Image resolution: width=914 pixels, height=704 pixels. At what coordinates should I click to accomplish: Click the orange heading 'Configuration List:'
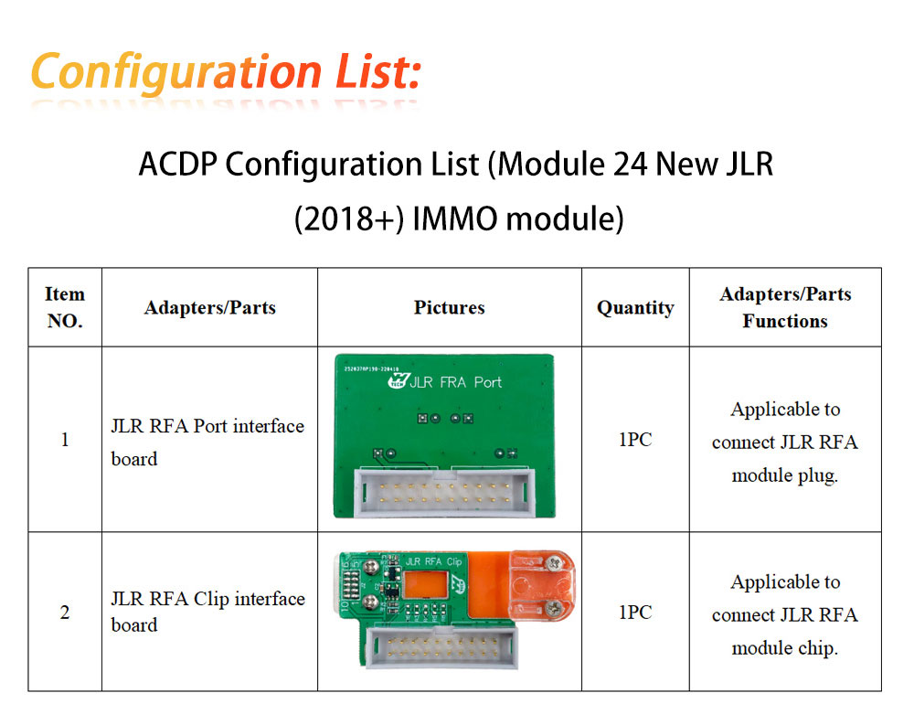226,72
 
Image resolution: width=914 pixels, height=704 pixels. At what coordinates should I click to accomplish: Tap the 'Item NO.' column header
65,307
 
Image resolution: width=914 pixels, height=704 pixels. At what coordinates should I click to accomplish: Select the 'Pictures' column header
449,307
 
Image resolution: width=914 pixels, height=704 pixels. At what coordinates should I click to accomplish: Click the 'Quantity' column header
635,308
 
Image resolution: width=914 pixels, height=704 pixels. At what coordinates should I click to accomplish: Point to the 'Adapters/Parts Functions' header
785,307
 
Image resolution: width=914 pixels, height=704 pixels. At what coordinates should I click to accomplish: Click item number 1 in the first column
65,439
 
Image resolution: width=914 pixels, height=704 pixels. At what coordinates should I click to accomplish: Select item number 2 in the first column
65,612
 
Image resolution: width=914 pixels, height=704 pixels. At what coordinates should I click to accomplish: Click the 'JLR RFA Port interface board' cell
207,443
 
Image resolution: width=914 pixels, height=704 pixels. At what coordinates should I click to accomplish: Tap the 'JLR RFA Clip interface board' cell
208,612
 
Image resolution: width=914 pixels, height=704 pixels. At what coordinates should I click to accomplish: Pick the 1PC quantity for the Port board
635,439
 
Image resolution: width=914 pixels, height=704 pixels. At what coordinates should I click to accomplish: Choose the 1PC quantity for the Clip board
635,612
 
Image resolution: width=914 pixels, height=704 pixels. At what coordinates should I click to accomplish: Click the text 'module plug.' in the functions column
785,476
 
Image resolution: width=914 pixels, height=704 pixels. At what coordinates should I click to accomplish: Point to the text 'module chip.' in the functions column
785,648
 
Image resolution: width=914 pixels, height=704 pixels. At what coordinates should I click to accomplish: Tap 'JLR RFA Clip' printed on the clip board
433,561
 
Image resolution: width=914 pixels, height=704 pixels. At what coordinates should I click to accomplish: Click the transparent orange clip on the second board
542,585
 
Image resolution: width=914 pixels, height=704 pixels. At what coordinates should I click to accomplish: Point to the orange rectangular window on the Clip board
426,584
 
